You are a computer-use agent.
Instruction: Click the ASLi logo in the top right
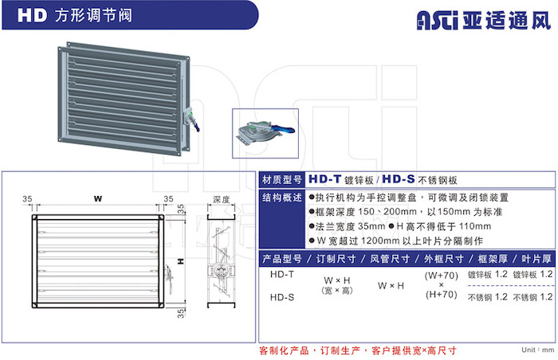pyautogui.click(x=438, y=20)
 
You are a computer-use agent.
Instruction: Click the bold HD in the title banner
pyautogui.click(x=33, y=16)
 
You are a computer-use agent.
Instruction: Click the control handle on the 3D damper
pyautogui.click(x=191, y=120)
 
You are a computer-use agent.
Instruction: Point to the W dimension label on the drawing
pyautogui.click(x=98, y=198)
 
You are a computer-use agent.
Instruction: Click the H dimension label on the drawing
pyautogui.click(x=181, y=261)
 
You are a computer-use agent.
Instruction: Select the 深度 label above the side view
pyautogui.click(x=221, y=200)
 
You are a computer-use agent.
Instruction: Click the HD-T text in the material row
pyautogui.click(x=324, y=179)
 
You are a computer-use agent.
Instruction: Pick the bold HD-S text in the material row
pyautogui.click(x=399, y=179)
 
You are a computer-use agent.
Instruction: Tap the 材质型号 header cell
pyautogui.click(x=282, y=180)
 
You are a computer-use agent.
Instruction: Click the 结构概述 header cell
pyautogui.click(x=282, y=198)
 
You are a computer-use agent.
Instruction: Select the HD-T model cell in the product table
pyautogui.click(x=282, y=274)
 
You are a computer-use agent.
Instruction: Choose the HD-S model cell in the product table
pyautogui.click(x=282, y=297)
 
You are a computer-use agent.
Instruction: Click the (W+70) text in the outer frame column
pyautogui.click(x=442, y=276)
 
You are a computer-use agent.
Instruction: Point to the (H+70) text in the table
pyautogui.click(x=442, y=295)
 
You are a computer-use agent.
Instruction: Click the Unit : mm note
pyautogui.click(x=538, y=350)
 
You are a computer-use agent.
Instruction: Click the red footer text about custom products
pyautogui.click(x=358, y=350)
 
